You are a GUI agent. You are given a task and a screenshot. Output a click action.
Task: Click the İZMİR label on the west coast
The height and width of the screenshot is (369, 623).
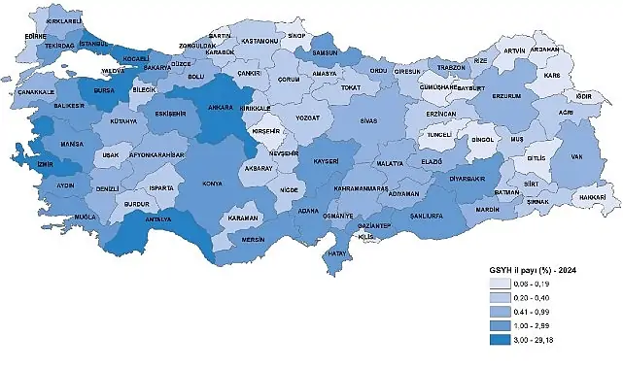point(19,165)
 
